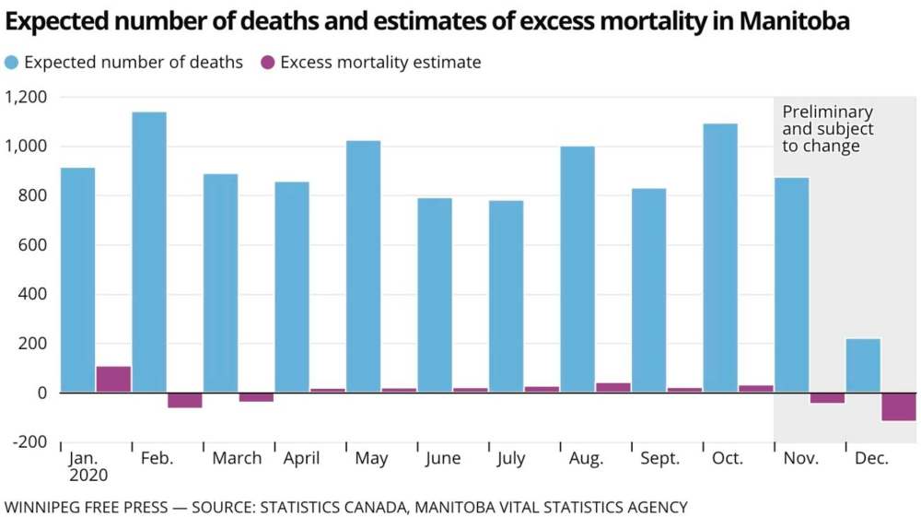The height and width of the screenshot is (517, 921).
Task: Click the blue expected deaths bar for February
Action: click(x=149, y=253)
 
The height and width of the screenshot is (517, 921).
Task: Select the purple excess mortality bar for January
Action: click(x=113, y=379)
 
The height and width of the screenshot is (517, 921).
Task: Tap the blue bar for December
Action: click(x=863, y=366)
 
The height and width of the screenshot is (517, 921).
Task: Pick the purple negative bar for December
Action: click(x=899, y=406)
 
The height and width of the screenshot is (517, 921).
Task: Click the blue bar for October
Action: click(x=720, y=258)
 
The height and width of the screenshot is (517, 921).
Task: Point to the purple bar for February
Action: click(x=184, y=400)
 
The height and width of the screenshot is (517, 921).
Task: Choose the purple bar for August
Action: click(x=613, y=387)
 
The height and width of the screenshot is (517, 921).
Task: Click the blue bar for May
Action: click(x=363, y=266)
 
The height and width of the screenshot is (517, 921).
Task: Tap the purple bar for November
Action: click(x=827, y=398)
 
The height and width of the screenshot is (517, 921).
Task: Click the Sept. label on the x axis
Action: click(x=659, y=458)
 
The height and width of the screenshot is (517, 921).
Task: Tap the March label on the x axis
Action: click(x=237, y=458)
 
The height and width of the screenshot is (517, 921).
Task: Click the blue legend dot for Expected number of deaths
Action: click(x=12, y=63)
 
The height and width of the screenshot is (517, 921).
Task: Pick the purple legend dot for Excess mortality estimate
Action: click(x=267, y=63)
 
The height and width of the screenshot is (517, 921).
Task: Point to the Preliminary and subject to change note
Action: click(x=827, y=129)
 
